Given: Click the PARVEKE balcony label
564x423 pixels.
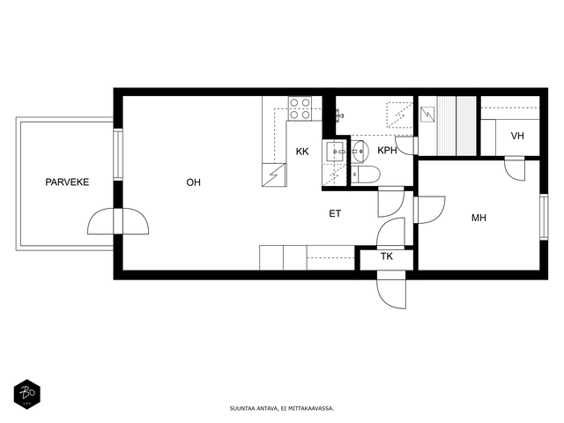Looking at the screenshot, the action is point(67,182).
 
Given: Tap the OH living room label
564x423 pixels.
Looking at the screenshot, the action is point(193,182).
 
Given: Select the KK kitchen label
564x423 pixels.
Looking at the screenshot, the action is point(302,152).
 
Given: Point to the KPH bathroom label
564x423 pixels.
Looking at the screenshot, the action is point(387,151).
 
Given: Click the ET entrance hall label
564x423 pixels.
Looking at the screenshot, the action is point(335,213).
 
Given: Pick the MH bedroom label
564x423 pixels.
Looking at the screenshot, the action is point(479,218).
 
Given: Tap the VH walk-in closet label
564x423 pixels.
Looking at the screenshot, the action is point(517,136).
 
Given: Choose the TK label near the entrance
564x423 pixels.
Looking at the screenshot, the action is point(387,256).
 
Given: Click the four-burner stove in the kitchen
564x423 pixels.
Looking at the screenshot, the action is point(300,108).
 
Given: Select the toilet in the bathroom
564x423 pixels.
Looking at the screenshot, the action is point(365,174).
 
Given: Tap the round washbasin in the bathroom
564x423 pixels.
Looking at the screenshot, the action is point(360,152).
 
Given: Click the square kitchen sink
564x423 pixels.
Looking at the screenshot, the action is point(336,152).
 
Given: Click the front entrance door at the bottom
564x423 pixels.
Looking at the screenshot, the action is point(391,290).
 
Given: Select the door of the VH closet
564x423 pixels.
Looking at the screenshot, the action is point(515,168).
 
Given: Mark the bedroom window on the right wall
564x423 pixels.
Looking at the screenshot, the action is point(544,217).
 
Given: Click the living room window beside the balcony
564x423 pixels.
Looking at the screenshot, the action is point(118,154).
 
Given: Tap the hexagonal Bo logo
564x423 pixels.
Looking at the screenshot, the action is point(27,394).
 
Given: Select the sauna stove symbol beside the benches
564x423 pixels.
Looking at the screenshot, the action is point(427,115).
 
